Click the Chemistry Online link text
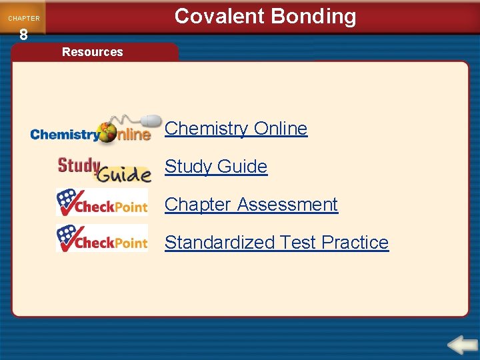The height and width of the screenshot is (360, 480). pos(236,129)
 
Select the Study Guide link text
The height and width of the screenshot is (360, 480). pos(216,167)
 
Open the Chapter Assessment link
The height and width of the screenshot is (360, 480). pos(251,204)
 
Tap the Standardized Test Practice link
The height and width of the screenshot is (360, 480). pos(276,242)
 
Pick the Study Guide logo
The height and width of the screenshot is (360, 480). pos(104,169)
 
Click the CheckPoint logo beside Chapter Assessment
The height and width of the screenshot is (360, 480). pos(102,203)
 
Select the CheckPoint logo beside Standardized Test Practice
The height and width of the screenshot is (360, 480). pos(102,239)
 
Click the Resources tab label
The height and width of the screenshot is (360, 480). pos(92,52)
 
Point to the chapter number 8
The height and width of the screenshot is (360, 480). pos(23,35)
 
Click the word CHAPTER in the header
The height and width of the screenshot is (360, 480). pos(23,19)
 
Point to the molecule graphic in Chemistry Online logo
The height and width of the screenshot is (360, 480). pos(107,131)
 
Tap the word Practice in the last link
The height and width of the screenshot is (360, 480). pos(355,242)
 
